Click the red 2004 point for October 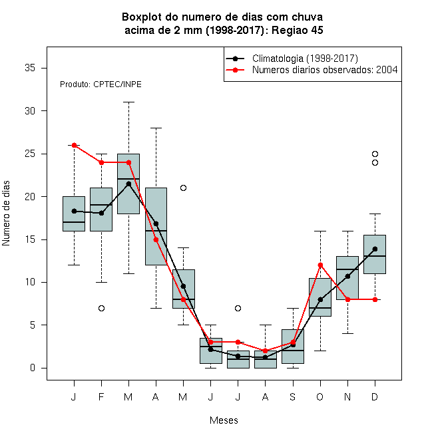point(320,265)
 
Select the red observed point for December point(375,299)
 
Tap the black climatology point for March point(128,184)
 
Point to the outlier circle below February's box point(101,308)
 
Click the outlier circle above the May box point(183,188)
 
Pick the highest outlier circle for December point(375,154)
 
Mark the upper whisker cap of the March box point(128,102)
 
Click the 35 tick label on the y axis point(30,68)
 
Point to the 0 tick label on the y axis point(33,368)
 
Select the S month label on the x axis point(293,396)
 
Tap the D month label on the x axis point(375,396)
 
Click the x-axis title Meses point(224,420)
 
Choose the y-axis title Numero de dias point(6,214)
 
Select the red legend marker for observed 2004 point(235,70)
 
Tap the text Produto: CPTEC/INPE point(101,84)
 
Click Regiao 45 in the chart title point(297,30)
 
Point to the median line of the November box point(347,269)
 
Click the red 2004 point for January point(75,145)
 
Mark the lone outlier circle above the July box point(238,308)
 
